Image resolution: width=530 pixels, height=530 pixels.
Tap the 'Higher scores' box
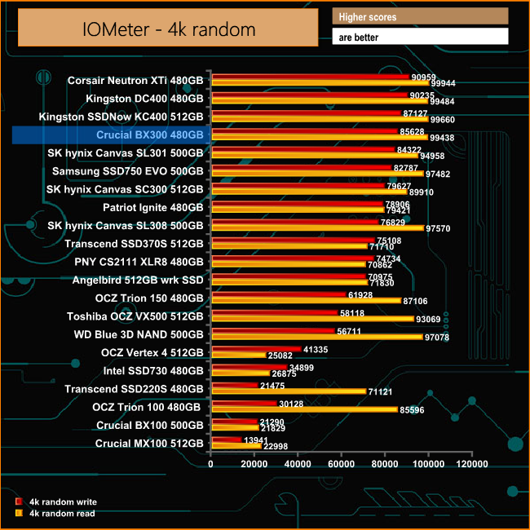[x=420, y=16]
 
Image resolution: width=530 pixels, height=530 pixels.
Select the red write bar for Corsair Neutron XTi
[x=310, y=77]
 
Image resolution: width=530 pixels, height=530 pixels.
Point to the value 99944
[x=444, y=84]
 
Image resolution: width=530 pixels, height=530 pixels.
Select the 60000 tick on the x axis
[x=342, y=464]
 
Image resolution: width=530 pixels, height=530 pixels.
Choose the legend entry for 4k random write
[x=56, y=502]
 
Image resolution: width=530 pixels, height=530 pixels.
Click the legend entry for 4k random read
[x=56, y=514]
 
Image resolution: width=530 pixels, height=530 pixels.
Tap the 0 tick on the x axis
[x=211, y=464]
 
